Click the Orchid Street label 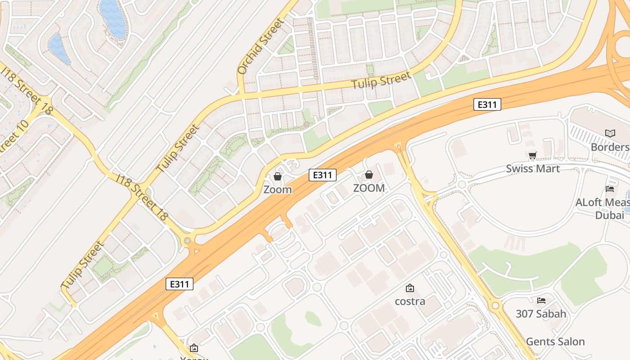[261, 46]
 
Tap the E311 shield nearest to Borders [487, 105]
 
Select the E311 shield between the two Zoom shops [323, 175]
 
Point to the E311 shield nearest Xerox [180, 284]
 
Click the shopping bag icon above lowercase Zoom [278, 176]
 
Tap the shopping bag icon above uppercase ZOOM [369, 175]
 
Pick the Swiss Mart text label [533, 169]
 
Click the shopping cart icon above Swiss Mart [533, 156]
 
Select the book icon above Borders [610, 134]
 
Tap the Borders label [610, 147]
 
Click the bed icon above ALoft [610, 189]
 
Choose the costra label [410, 301]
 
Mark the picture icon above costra [410, 288]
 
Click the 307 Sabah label [541, 314]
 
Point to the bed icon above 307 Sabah [541, 300]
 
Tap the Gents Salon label [555, 342]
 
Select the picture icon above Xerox [194, 348]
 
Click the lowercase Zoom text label [278, 189]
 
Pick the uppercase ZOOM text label [369, 188]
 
